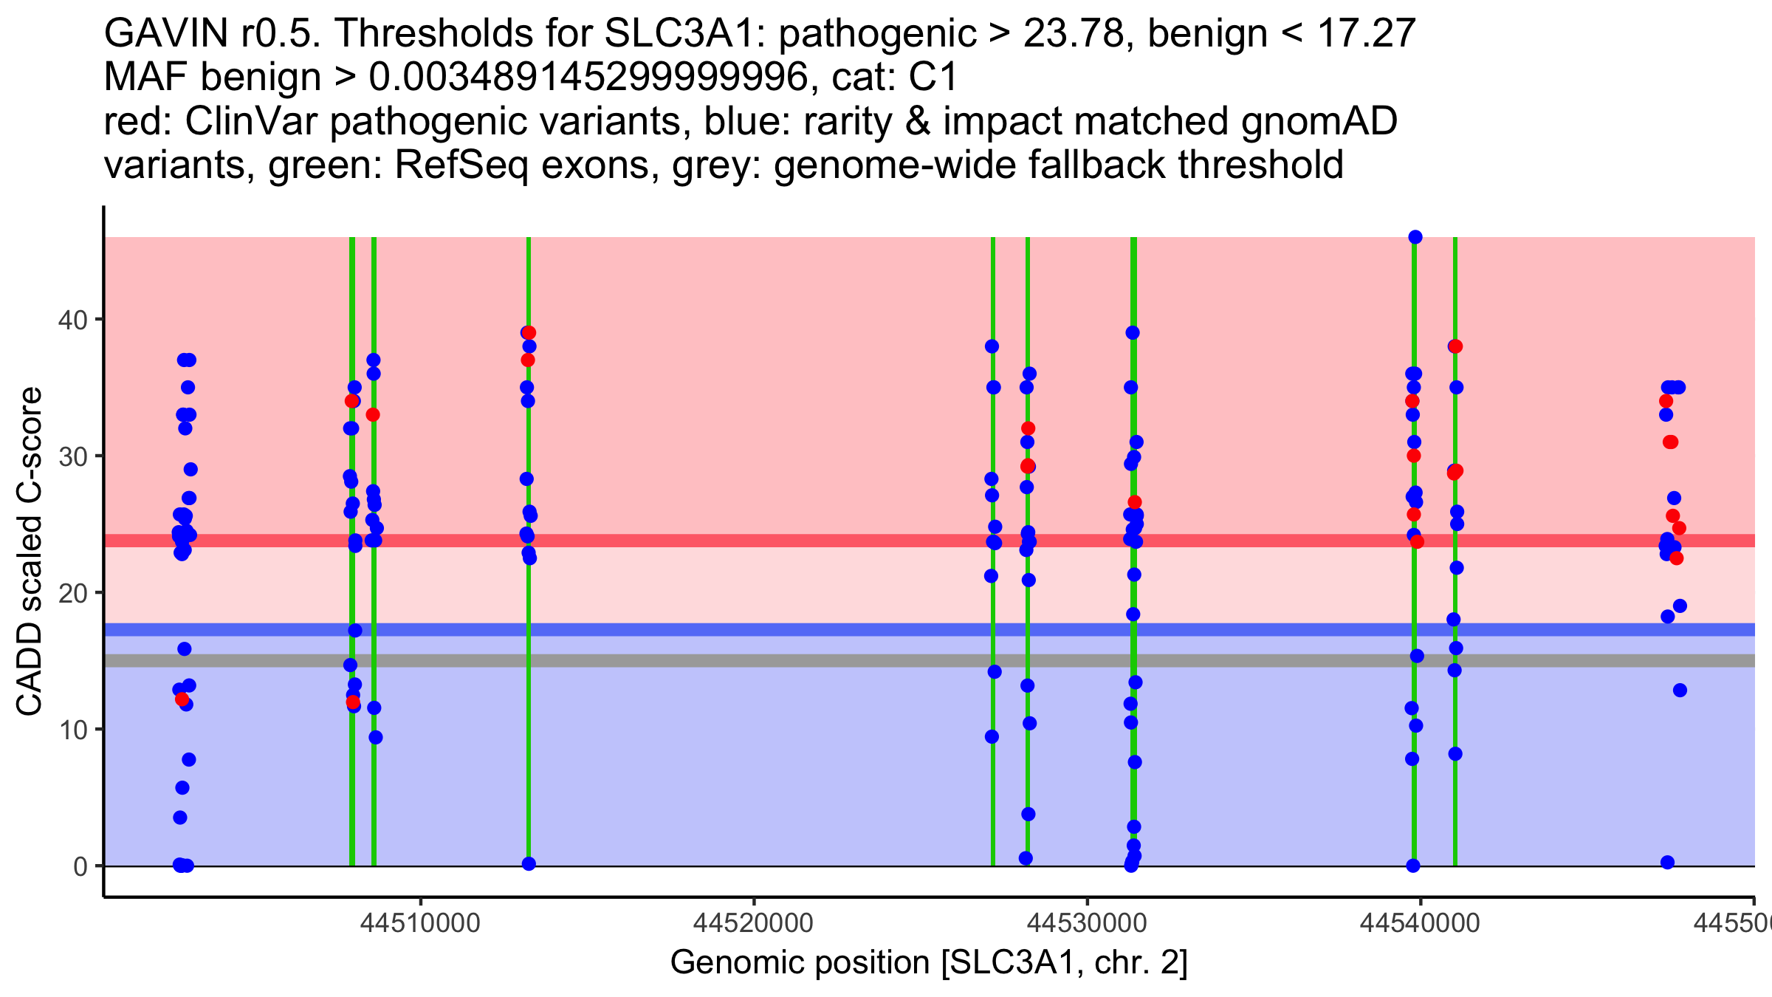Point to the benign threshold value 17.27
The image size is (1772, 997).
click(1366, 33)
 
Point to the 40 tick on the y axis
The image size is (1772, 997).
click(72, 320)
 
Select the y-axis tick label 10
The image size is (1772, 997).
click(72, 730)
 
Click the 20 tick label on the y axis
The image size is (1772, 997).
click(72, 593)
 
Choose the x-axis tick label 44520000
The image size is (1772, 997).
click(754, 923)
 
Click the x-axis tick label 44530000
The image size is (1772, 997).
click(1087, 923)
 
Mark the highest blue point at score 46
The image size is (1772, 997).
click(1415, 237)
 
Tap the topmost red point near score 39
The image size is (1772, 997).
click(529, 333)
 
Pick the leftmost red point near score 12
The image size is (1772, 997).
click(182, 699)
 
